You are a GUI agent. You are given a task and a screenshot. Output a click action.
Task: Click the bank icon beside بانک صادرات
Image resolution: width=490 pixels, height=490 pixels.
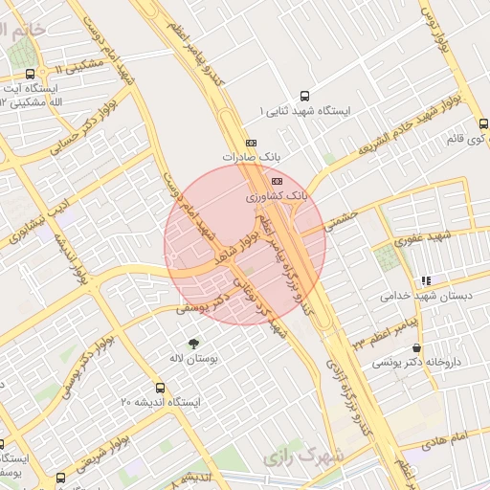(x=252, y=143)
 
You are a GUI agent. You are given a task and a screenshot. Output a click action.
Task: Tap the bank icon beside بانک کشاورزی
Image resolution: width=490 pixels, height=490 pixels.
(x=278, y=180)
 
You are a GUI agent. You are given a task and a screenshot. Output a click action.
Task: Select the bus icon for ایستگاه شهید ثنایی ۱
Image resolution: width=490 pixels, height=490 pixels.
(x=305, y=96)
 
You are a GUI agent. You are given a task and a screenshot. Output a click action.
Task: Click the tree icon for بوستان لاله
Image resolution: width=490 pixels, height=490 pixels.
(x=195, y=343)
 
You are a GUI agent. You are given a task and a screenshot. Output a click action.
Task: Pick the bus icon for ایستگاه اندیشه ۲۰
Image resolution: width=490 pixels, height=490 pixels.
(x=160, y=389)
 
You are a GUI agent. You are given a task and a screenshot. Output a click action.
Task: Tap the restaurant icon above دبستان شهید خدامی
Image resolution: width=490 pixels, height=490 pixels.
(x=426, y=281)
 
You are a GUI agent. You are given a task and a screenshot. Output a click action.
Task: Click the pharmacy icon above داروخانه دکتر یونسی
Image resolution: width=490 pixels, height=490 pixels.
(x=415, y=348)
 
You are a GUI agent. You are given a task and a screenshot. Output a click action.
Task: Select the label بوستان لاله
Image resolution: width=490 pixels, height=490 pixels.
(x=195, y=358)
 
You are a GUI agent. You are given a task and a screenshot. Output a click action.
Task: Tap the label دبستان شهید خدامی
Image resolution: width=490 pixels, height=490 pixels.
(x=427, y=297)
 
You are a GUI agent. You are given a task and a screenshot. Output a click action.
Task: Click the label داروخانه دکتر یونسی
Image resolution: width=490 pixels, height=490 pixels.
(x=415, y=364)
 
